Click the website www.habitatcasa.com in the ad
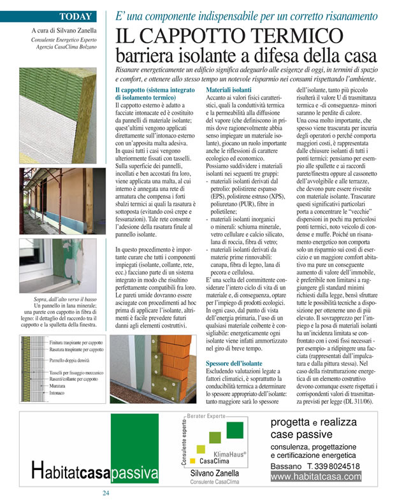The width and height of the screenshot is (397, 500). (x=316, y=476)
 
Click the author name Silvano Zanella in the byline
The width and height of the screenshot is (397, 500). (x=70, y=30)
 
